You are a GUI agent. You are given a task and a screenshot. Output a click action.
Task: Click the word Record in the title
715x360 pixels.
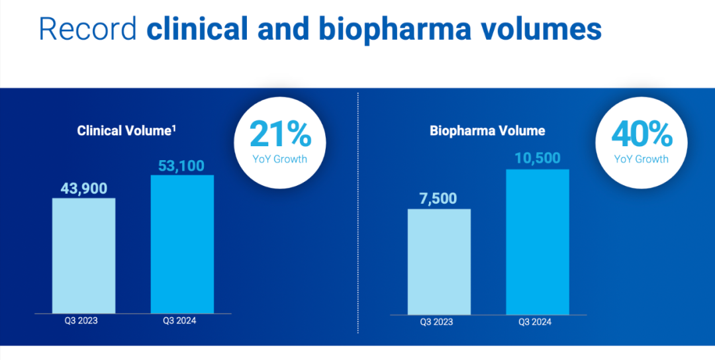[x=87, y=30]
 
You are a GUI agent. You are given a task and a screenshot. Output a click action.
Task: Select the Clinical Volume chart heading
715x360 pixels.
[x=126, y=130]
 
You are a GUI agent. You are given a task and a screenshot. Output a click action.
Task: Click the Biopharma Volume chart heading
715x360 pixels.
[x=487, y=130]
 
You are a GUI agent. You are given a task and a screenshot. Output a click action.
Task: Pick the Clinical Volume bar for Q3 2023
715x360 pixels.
[x=84, y=255]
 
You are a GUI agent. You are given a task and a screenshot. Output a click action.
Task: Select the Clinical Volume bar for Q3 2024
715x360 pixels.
[x=182, y=244]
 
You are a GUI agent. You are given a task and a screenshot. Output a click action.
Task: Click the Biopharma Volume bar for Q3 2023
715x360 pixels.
[x=439, y=261]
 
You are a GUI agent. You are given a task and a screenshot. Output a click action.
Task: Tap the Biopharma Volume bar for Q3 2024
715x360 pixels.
[x=538, y=242]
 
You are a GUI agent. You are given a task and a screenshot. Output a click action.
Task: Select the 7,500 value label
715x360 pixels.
[x=438, y=198]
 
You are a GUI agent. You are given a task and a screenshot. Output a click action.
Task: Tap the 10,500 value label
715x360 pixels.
[x=537, y=157]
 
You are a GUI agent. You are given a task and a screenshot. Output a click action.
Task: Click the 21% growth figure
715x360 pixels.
[x=280, y=135]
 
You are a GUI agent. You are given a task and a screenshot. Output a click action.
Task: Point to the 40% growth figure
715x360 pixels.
[x=641, y=134]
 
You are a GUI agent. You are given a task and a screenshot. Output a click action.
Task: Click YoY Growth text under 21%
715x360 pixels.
[x=280, y=159]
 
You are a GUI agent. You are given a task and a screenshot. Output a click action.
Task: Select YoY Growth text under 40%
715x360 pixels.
[x=641, y=159]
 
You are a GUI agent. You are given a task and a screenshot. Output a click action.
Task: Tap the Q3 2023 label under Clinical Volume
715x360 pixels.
[x=81, y=321]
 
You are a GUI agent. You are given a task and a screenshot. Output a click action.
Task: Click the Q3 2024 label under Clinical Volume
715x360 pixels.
[x=180, y=321]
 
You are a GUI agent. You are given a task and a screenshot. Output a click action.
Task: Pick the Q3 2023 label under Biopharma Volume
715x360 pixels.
[x=437, y=322]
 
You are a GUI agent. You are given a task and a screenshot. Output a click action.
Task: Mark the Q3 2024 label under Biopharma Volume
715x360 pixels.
[x=535, y=322]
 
